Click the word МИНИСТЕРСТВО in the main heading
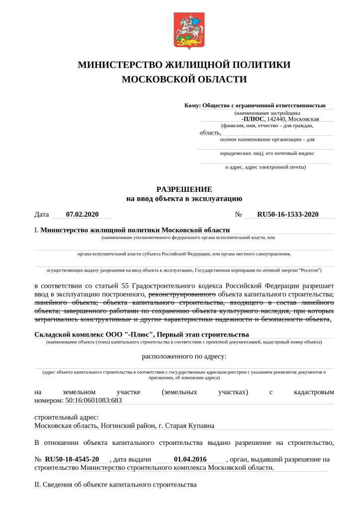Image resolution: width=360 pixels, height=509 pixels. click(117, 65)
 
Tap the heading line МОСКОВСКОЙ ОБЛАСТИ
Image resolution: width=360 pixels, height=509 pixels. click(184, 80)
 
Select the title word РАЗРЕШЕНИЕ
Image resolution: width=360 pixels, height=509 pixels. click(184, 189)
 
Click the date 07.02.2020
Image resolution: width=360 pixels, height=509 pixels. click(82, 215)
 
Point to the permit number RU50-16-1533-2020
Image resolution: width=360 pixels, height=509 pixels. click(287, 215)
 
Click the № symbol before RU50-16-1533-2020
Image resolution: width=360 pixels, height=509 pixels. click(238, 215)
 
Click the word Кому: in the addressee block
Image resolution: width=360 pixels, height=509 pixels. click(192, 105)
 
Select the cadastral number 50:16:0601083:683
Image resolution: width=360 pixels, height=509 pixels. click(94, 400)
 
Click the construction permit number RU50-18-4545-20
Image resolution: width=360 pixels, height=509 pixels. click(72, 459)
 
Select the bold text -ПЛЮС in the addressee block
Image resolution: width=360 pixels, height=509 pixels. click(253, 119)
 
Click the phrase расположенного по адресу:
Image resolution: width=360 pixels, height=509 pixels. click(184, 356)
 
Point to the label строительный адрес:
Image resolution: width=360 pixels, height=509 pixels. click(67, 417)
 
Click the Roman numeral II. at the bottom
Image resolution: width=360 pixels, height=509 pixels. click(38, 485)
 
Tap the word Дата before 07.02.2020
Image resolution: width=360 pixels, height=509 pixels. click(42, 215)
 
